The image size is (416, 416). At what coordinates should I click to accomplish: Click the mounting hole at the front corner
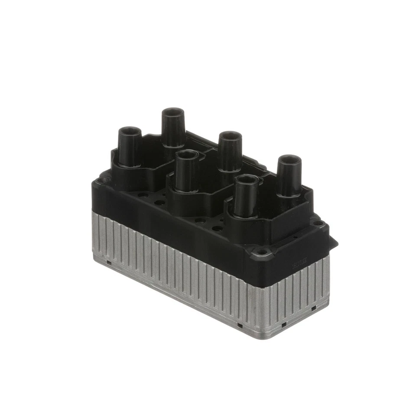coord(261,251)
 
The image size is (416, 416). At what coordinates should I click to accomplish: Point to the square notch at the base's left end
coord(109,262)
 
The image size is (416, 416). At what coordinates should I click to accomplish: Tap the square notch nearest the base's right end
coord(313,308)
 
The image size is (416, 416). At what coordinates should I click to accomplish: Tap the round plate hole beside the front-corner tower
coord(218,228)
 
